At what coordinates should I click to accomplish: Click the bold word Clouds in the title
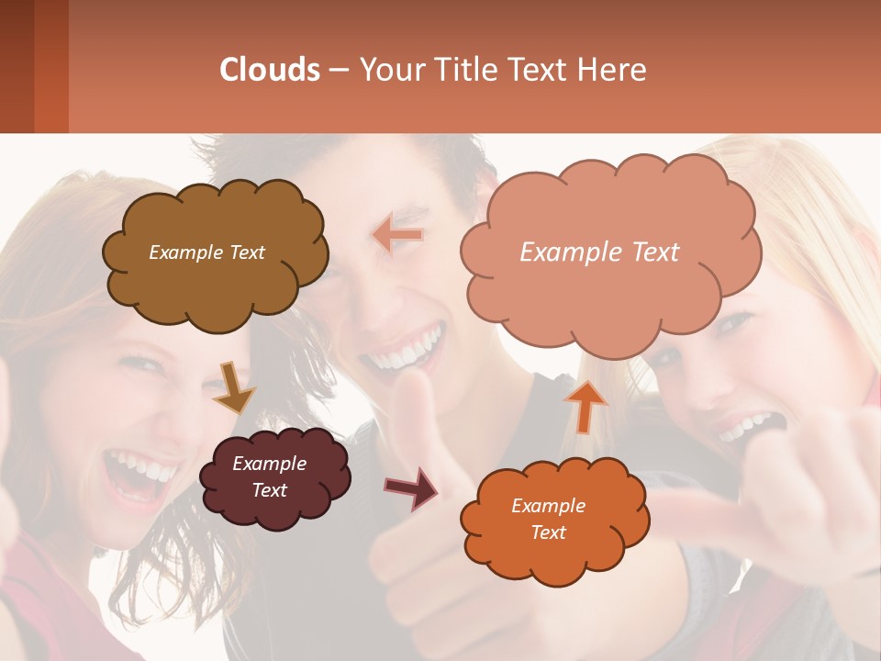pyautogui.click(x=270, y=69)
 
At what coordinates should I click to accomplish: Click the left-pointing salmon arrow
pyautogui.click(x=398, y=234)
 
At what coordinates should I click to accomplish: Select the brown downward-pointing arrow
pyautogui.click(x=234, y=387)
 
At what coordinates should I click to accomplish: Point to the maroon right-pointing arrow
pyautogui.click(x=411, y=488)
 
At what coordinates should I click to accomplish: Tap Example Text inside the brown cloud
pyautogui.click(x=206, y=252)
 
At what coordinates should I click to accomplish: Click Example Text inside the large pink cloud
pyautogui.click(x=599, y=252)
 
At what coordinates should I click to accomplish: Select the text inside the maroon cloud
pyautogui.click(x=269, y=477)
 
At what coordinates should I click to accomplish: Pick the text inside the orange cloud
pyautogui.click(x=548, y=519)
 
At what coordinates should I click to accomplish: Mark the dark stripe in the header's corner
pyautogui.click(x=17, y=66)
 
